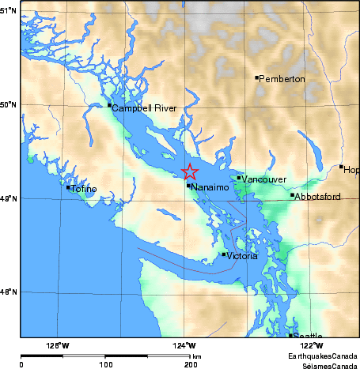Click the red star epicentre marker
tap(190, 171)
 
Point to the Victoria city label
tap(241, 257)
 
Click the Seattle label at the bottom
tap(308, 336)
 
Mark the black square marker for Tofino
tap(68, 187)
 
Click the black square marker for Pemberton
tap(257, 77)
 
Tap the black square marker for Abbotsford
tap(292, 195)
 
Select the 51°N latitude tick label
tap(9, 10)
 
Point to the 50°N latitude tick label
tap(9, 104)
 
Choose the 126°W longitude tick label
tap(57, 345)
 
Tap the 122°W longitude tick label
tap(311, 345)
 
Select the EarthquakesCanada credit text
tap(316, 357)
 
